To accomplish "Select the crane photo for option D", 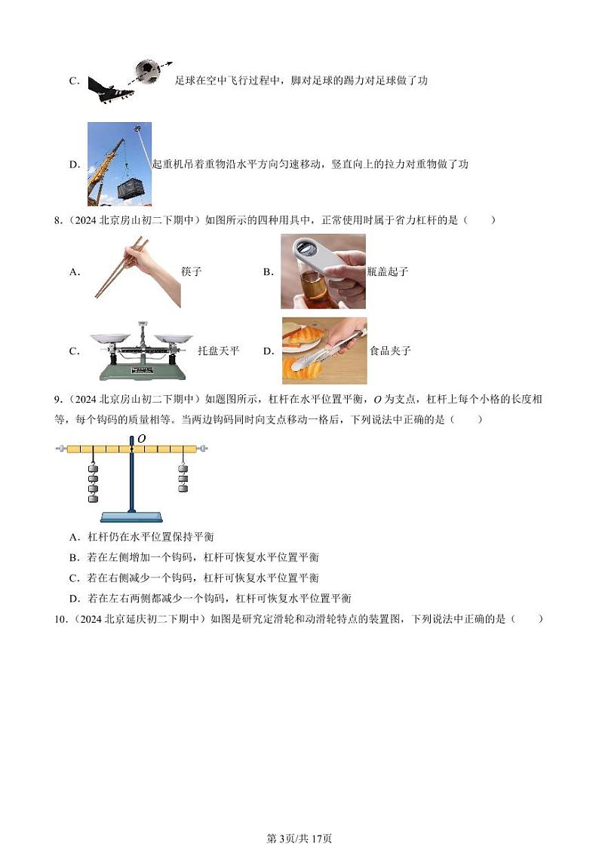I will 119,164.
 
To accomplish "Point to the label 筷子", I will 192,272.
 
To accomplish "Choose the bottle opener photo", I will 323,271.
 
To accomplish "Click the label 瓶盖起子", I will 387,272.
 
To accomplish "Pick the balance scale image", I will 140,351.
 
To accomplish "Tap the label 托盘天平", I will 218,351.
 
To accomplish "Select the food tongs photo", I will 324,351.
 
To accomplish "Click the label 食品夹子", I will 390,351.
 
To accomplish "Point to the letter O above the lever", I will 141,438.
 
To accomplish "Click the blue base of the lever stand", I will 132,516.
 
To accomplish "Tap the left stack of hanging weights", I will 94,483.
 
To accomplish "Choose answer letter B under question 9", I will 74,558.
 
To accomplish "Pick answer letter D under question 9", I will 74,599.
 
